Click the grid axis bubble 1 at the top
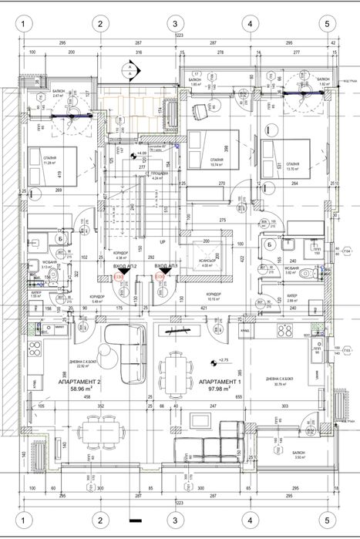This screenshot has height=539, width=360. click(25, 24)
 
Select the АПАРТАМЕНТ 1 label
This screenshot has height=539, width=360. click(220, 382)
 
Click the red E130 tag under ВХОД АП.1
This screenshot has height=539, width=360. click(160, 275)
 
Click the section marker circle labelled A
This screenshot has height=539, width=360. click(131, 69)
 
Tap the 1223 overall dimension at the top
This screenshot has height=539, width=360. click(178, 36)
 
